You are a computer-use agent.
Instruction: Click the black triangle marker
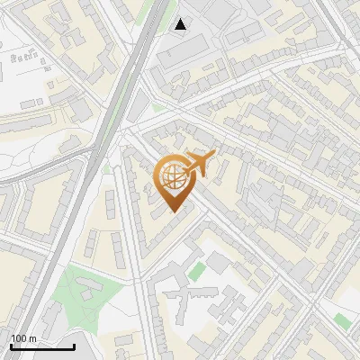(x=181, y=24)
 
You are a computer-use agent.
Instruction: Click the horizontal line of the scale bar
(x=42, y=346)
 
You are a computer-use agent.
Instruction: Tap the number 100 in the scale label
(x=18, y=338)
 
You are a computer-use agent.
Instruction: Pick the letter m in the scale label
(x=32, y=338)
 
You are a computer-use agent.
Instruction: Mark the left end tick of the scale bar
(x=11, y=345)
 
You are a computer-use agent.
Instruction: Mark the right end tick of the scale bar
(x=74, y=345)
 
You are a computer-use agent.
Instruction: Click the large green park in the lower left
(x=90, y=297)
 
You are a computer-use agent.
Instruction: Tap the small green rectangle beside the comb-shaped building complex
(x=196, y=270)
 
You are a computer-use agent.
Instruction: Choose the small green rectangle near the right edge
(x=340, y=319)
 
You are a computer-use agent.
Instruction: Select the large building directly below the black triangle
(x=184, y=56)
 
